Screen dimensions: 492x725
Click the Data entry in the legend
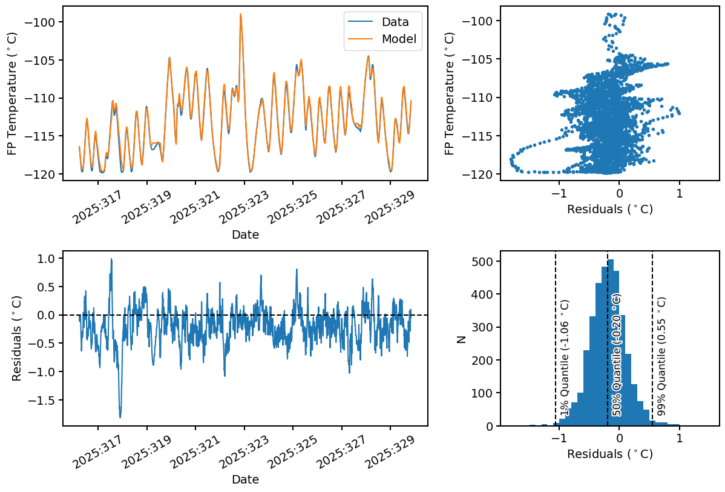[395, 22]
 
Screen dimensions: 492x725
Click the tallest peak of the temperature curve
[241, 14]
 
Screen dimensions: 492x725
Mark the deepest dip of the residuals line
[120, 417]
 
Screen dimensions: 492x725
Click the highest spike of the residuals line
[111, 259]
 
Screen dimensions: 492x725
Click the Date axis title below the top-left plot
[245, 234]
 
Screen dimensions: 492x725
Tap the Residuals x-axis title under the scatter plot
[609, 210]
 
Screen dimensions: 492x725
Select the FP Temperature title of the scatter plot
[449, 93]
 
